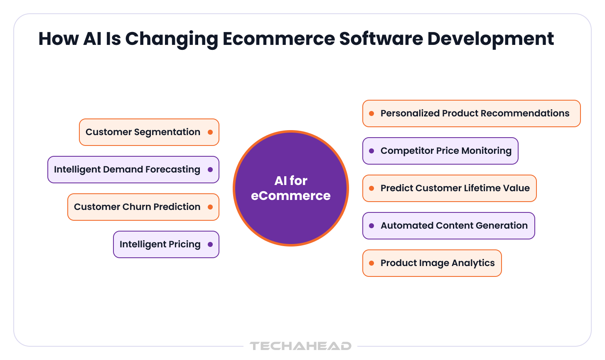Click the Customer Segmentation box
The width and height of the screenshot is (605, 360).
click(x=149, y=132)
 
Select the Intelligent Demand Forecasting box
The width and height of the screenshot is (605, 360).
click(x=133, y=170)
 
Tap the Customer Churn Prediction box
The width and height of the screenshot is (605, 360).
click(x=143, y=207)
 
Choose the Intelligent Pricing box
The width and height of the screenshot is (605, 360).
click(x=166, y=244)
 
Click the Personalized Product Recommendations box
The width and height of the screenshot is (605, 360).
click(x=471, y=113)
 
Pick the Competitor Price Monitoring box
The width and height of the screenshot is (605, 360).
click(x=440, y=151)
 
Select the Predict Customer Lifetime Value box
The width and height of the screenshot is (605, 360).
click(x=450, y=188)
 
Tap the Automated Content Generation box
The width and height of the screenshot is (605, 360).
click(x=449, y=226)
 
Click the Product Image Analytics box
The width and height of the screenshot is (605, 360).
click(x=432, y=263)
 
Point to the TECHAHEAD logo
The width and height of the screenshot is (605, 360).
click(x=300, y=346)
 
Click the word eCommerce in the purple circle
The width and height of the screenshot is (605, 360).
click(x=290, y=196)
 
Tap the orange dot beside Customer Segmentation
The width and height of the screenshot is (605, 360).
click(x=210, y=132)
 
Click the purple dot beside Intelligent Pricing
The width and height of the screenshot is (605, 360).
click(x=210, y=244)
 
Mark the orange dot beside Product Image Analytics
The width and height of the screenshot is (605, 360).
click(x=371, y=263)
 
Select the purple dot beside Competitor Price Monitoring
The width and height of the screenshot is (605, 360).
click(x=371, y=151)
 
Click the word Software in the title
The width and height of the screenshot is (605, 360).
click(x=381, y=39)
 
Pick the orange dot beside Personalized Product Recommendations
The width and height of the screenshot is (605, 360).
click(x=371, y=113)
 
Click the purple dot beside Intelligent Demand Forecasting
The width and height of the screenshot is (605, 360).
click(x=210, y=170)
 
